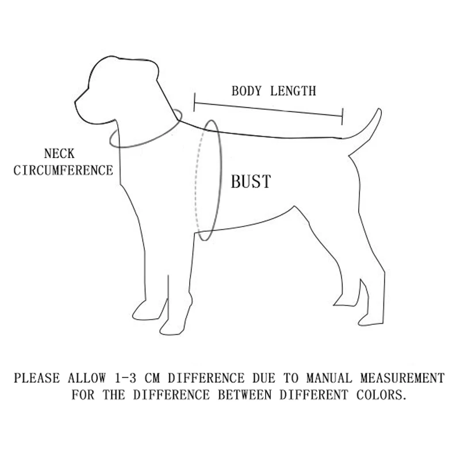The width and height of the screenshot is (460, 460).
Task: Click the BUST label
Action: coord(250,182)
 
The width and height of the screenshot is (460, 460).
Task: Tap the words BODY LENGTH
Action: coord(273,91)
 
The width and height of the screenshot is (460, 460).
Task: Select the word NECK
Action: coord(59,154)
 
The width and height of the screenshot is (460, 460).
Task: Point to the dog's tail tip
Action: coord(378,110)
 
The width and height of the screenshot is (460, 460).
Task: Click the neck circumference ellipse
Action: coord(144,141)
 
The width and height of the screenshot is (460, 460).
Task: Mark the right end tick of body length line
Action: coord(343,115)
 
